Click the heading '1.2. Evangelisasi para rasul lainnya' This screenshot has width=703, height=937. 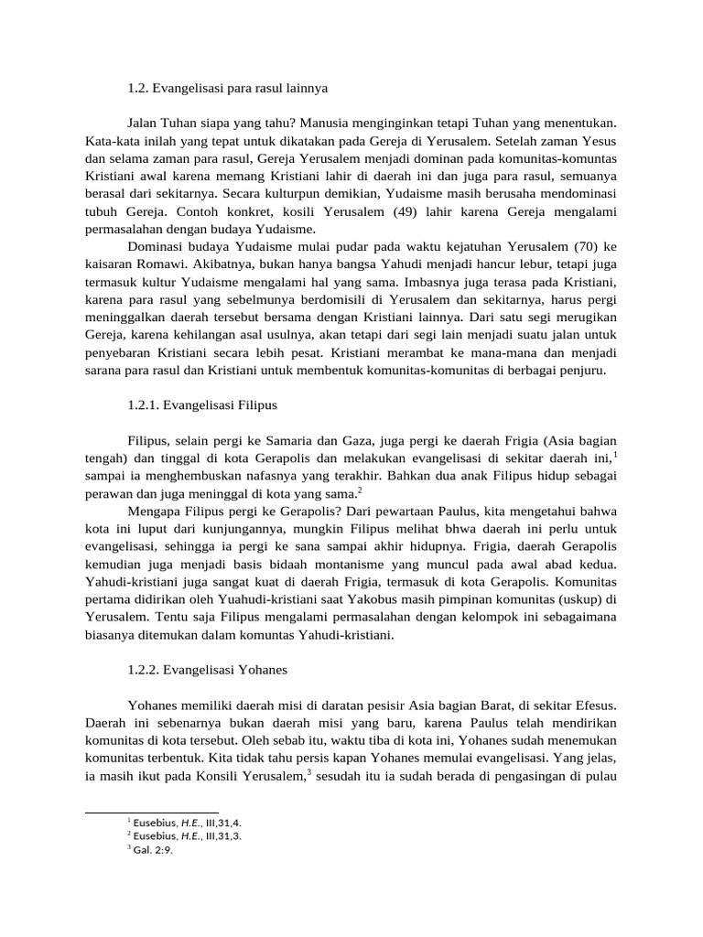[x=227, y=89]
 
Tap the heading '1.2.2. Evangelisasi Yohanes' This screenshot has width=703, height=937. [x=208, y=670]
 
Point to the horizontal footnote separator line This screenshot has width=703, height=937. [x=151, y=811]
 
